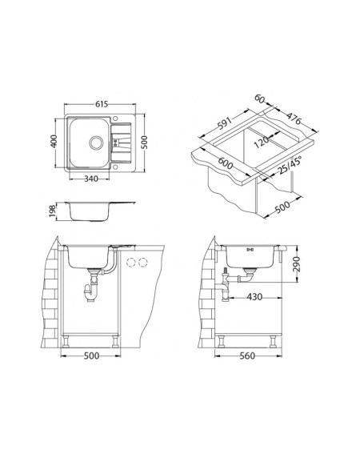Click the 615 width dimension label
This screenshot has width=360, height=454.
[x=102, y=103]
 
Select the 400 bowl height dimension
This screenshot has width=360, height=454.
[x=54, y=141]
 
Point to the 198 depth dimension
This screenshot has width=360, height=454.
[x=52, y=211]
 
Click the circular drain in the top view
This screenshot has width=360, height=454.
[x=96, y=143]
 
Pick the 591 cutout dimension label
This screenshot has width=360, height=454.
[x=225, y=124]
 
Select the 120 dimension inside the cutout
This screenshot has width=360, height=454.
[x=261, y=142]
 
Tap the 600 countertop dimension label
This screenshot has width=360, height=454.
[x=225, y=163]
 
